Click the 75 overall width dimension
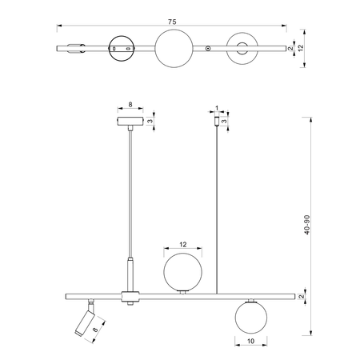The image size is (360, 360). coord(172,22)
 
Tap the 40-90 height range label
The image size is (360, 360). coord(307,225)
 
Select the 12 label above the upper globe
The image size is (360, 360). coord(183,244)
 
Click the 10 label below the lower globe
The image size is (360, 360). coord(251,341)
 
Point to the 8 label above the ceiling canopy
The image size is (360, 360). coord(130,105)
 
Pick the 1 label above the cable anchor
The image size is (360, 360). coord(217,108)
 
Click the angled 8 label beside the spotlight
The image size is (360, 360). coord(95,330)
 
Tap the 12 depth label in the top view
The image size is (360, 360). coord(301,48)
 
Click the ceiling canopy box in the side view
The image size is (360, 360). coord(130,122)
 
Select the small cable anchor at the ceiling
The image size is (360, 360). coord(217,121)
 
